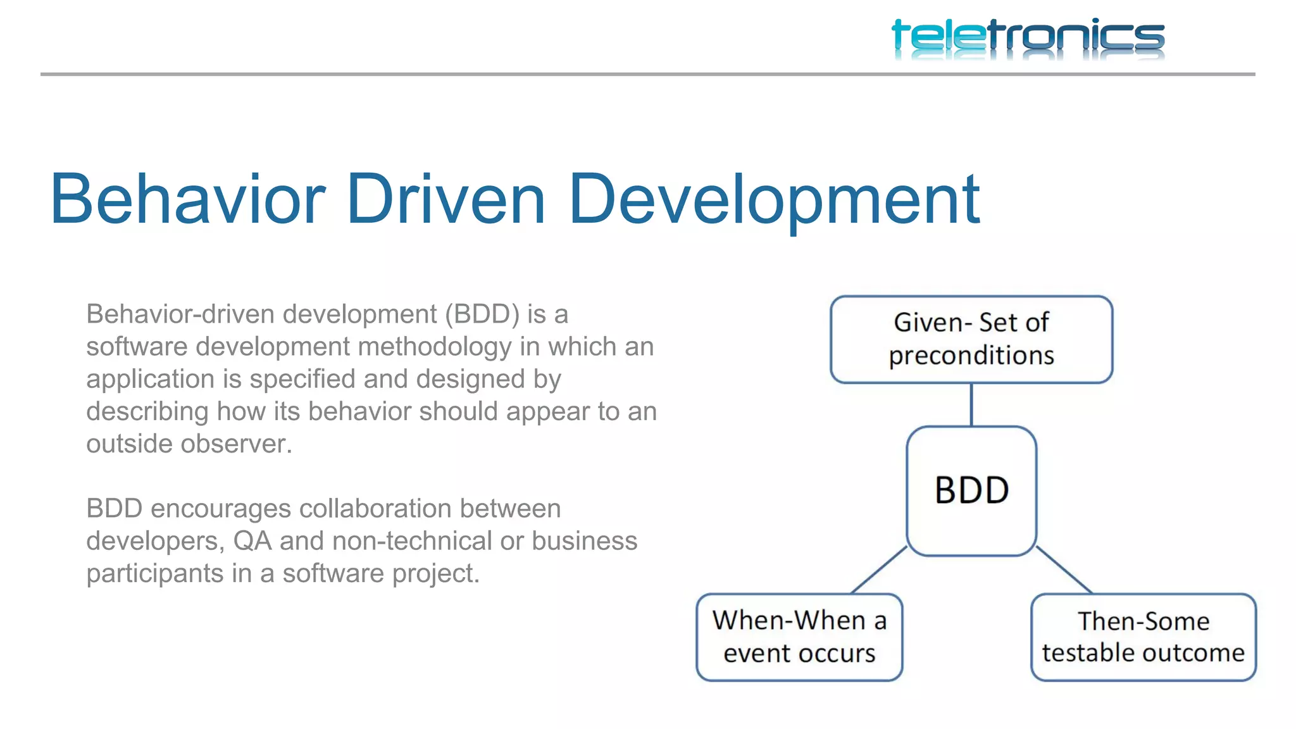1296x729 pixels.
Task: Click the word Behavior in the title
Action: point(187,200)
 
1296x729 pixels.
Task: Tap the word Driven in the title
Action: point(445,200)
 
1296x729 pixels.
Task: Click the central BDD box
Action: point(971,490)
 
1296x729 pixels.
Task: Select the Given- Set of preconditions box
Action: point(971,339)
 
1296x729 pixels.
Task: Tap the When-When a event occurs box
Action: point(799,637)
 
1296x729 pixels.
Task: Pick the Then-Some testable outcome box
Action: point(1143,637)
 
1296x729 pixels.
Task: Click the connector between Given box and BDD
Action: point(971,405)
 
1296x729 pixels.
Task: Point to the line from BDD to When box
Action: point(880,570)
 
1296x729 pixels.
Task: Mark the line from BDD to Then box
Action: point(1064,570)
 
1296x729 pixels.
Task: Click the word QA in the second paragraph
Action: point(252,541)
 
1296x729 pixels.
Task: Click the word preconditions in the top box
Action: point(971,356)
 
